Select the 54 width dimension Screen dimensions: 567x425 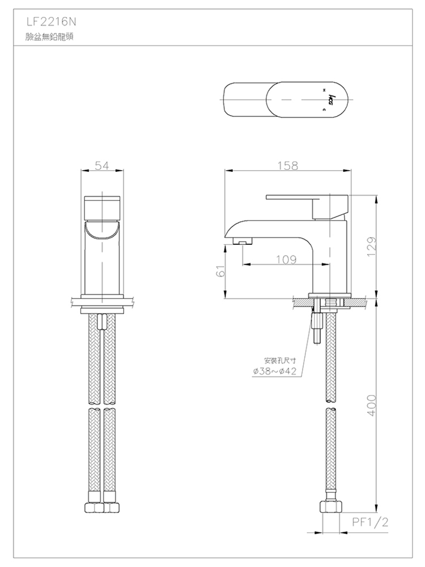(x=102, y=166)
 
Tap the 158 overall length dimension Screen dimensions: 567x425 (x=287, y=166)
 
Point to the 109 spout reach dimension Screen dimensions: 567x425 (x=286, y=260)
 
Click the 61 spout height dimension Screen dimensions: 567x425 (x=222, y=270)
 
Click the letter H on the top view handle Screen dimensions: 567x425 (x=324, y=90)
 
